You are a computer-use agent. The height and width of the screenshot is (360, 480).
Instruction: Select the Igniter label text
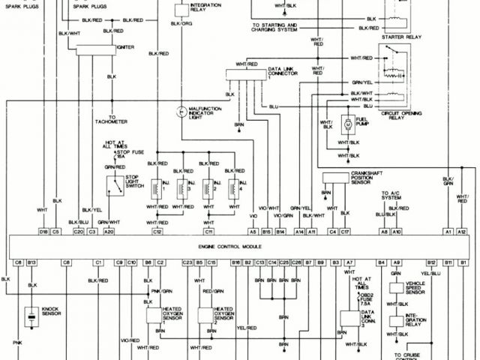tap(125, 46)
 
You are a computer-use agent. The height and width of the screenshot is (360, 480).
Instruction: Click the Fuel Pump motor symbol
tap(347, 122)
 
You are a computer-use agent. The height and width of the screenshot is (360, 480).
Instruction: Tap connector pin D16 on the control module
tap(43, 232)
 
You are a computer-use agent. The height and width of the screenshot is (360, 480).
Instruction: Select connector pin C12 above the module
tap(157, 232)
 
